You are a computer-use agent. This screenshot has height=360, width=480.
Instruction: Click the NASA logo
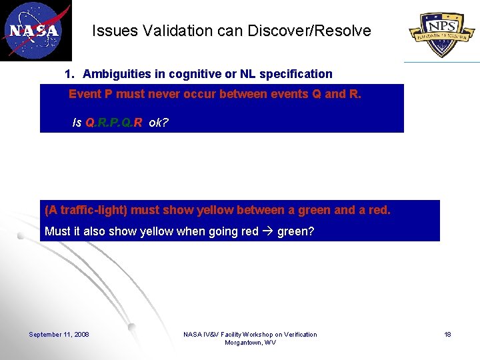[35, 31]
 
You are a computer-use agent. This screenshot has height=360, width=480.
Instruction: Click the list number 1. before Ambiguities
[69, 74]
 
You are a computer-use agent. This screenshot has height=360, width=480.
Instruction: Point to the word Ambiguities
[115, 74]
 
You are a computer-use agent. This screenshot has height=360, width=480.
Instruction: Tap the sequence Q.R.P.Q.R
[114, 123]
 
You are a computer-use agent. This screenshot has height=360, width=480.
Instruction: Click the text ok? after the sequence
[159, 123]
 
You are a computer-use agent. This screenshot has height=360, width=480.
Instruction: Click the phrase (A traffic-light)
[86, 211]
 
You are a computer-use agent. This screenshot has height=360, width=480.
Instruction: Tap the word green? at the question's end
[295, 232]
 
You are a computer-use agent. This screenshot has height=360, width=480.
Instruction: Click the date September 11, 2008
[59, 335]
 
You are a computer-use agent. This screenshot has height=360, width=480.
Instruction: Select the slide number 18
[448, 335]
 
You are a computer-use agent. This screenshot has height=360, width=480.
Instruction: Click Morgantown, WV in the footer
[250, 343]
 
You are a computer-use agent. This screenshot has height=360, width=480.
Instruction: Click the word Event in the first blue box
[85, 94]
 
